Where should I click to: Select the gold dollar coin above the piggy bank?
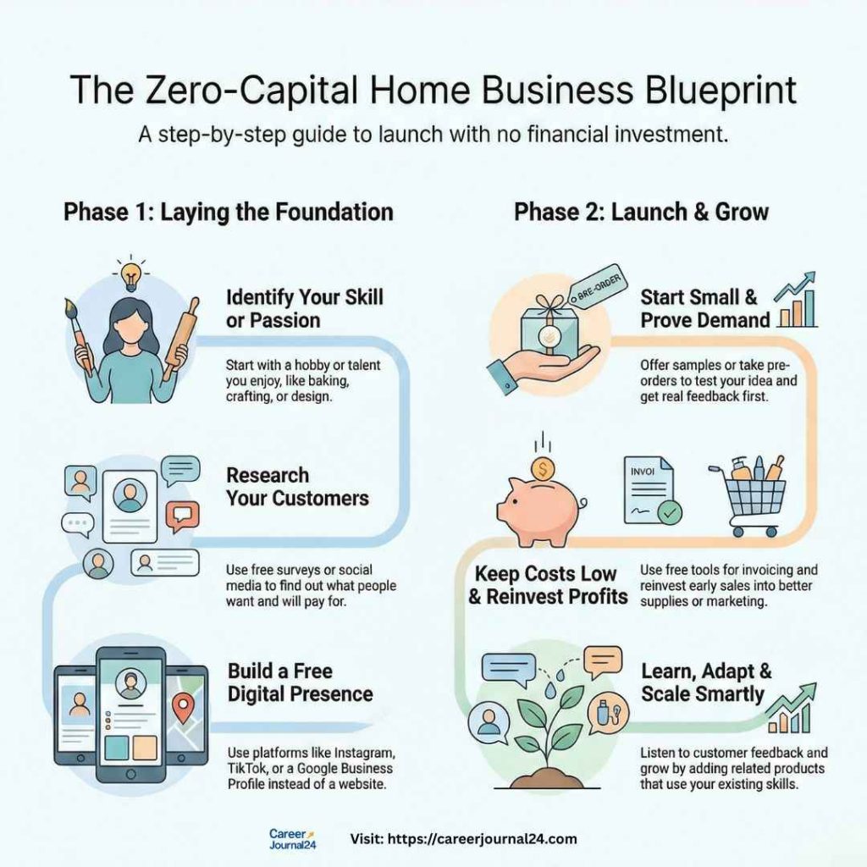tap(541, 467)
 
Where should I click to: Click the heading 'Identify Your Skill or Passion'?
tap(303, 309)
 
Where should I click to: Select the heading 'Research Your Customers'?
tap(296, 486)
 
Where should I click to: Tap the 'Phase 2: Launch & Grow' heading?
tap(641, 211)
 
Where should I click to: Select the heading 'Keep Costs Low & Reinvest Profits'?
tap(548, 585)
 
